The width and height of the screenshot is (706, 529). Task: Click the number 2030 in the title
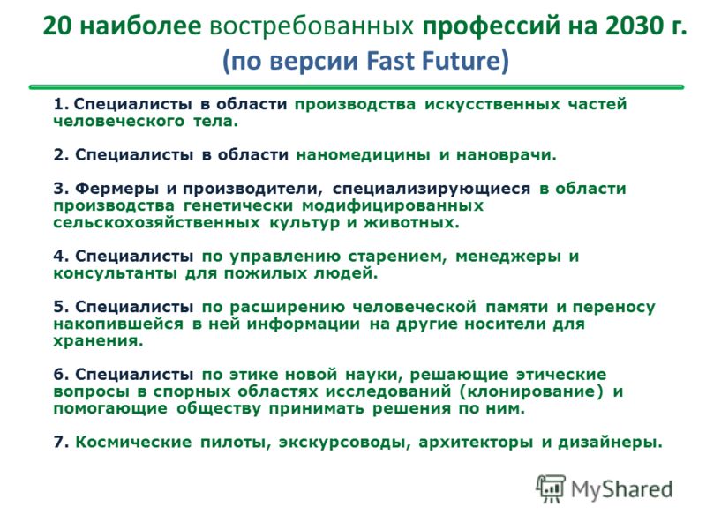coord(634,26)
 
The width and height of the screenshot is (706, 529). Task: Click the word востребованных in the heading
coord(312,26)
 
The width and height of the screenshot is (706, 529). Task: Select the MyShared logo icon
coord(551,488)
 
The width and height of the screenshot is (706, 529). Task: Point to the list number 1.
coord(60,104)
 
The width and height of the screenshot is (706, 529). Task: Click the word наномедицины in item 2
coord(363,155)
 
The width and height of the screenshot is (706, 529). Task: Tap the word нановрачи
coord(507,155)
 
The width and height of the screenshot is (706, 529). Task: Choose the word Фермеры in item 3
coord(116,188)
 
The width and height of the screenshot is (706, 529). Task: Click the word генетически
coord(238,205)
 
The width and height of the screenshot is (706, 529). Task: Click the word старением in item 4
coord(397,257)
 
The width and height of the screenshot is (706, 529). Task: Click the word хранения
coord(98,341)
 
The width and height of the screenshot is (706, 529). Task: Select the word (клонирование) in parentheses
coord(531,391)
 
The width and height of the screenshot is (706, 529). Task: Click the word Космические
coord(133,443)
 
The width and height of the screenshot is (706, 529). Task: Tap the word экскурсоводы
coord(344,443)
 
